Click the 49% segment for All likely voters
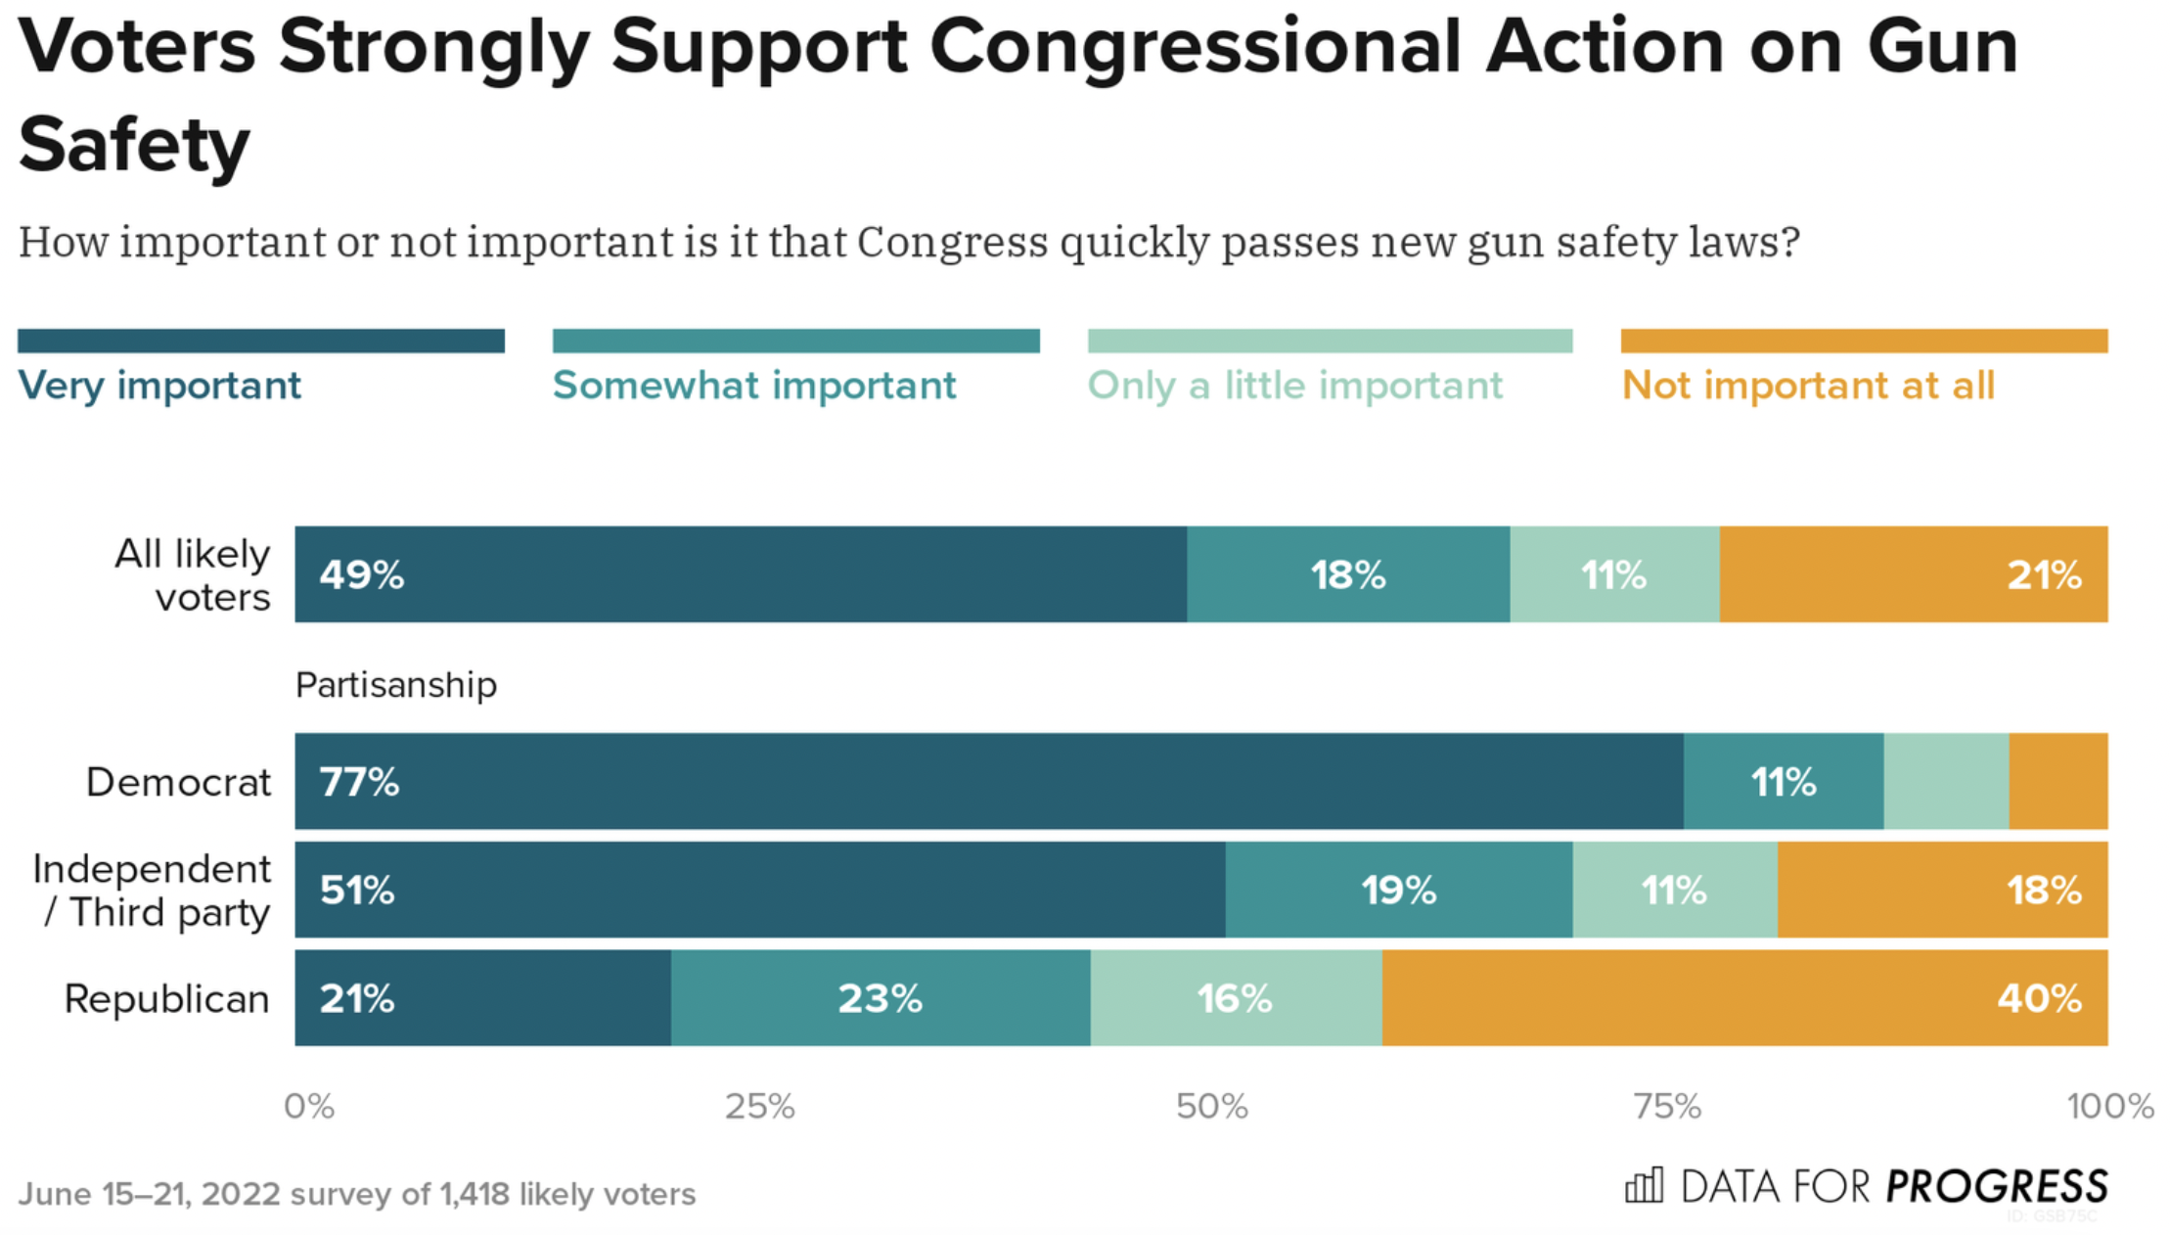[x=741, y=574]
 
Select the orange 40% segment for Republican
[x=1744, y=997]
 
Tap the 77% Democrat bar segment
[x=988, y=781]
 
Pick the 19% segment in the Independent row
[x=1399, y=890]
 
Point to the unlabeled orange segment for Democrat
[x=2057, y=781]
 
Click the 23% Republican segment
[x=881, y=997]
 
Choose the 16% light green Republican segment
[x=1236, y=997]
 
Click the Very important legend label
[x=159, y=386]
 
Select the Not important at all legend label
[x=1808, y=386]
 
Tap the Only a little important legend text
[x=1294, y=386]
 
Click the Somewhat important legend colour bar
[x=795, y=341]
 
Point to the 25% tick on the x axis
[x=759, y=1107]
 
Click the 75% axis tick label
[x=1667, y=1107]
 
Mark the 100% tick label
[x=2109, y=1107]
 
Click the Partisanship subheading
[x=396, y=685]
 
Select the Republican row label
[x=166, y=999]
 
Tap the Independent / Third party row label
[x=152, y=891]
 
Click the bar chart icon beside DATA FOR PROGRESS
[x=1644, y=1186]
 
